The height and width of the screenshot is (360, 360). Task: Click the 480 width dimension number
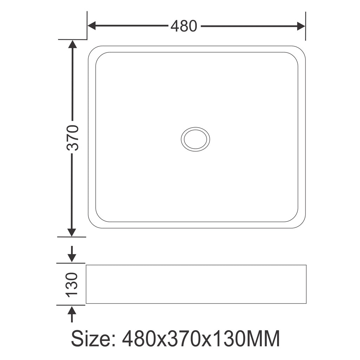(184, 26)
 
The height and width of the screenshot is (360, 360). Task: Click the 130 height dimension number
(72, 284)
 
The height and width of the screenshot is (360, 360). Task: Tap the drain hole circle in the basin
(195, 139)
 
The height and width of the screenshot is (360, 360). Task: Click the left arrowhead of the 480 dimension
(92, 26)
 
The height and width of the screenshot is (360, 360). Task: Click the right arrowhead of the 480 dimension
(301, 26)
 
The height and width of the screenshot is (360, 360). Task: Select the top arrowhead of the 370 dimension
(72, 44)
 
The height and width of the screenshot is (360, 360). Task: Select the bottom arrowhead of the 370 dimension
(72, 232)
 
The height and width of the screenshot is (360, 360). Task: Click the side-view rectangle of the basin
(196, 284)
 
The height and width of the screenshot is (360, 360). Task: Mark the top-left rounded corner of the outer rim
(92, 50)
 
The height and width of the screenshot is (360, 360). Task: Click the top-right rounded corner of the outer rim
(302, 50)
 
